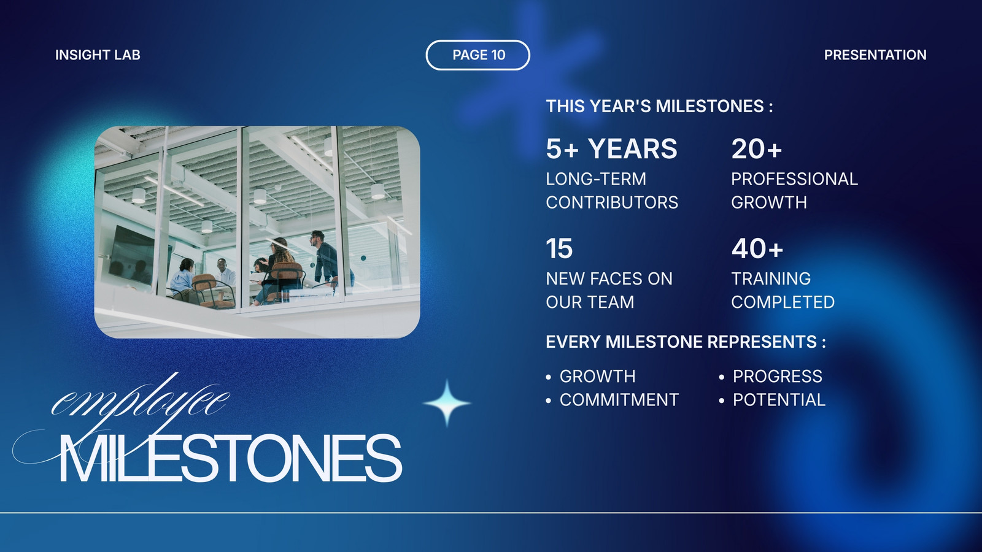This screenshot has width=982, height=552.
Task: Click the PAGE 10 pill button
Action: (478, 55)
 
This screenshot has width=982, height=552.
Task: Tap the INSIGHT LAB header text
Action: (98, 55)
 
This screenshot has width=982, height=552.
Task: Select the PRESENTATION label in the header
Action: (875, 55)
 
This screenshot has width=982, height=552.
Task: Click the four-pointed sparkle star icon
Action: (447, 403)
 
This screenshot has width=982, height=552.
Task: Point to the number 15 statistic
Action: (559, 249)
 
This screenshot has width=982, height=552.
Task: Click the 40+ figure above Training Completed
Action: (757, 249)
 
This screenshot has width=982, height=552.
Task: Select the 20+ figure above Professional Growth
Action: (757, 149)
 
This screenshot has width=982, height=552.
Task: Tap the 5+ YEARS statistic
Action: (611, 149)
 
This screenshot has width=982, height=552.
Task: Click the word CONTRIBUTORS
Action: (612, 202)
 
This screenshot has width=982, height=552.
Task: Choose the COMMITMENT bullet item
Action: (619, 400)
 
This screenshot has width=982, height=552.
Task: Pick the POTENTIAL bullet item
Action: (779, 400)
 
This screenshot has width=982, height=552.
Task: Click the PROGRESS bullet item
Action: (778, 377)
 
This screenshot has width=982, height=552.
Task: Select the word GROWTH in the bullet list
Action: (598, 377)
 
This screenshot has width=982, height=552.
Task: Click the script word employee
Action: (141, 401)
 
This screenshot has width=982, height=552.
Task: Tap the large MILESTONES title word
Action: (231, 458)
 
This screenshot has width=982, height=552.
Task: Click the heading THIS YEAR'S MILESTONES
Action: (659, 107)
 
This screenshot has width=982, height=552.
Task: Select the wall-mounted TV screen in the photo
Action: (131, 254)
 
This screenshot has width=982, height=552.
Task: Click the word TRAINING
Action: (771, 278)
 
